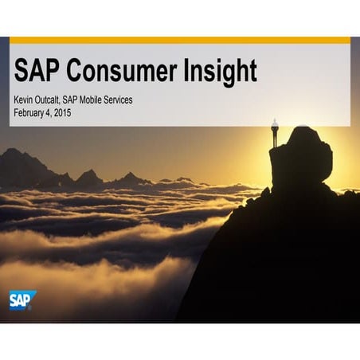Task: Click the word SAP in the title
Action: pyautogui.click(x=37, y=72)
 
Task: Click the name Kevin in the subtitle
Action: pyautogui.click(x=24, y=100)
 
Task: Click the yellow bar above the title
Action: pyautogui.click(x=180, y=40)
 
